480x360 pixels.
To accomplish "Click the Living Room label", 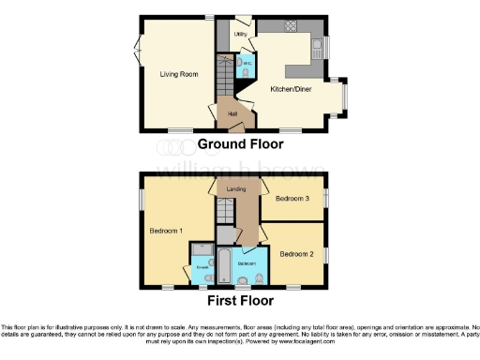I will [177, 72].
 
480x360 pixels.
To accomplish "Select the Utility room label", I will [240, 35].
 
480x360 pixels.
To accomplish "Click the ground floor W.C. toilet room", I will [245, 63].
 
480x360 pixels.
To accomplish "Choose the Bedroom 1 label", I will [166, 230].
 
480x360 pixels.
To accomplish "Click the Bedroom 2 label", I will [295, 252].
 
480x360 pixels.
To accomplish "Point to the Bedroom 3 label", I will [292, 199].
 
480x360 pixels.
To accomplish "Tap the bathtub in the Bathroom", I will [225, 265].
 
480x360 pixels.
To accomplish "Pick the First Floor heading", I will [241, 301].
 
